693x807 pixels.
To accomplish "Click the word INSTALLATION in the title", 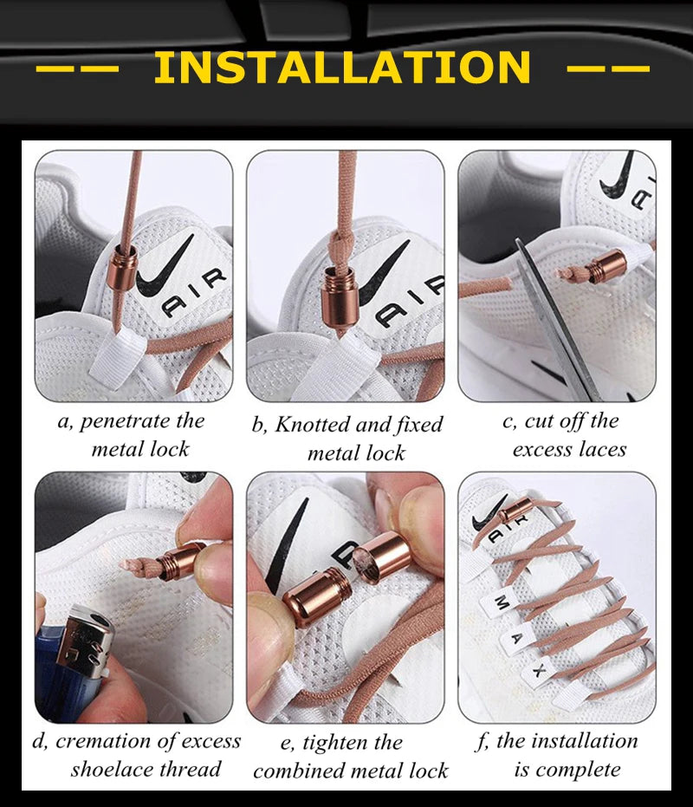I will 341,68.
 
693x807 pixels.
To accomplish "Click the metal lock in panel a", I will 125,269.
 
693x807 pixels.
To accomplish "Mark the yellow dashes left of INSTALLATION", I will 76,68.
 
